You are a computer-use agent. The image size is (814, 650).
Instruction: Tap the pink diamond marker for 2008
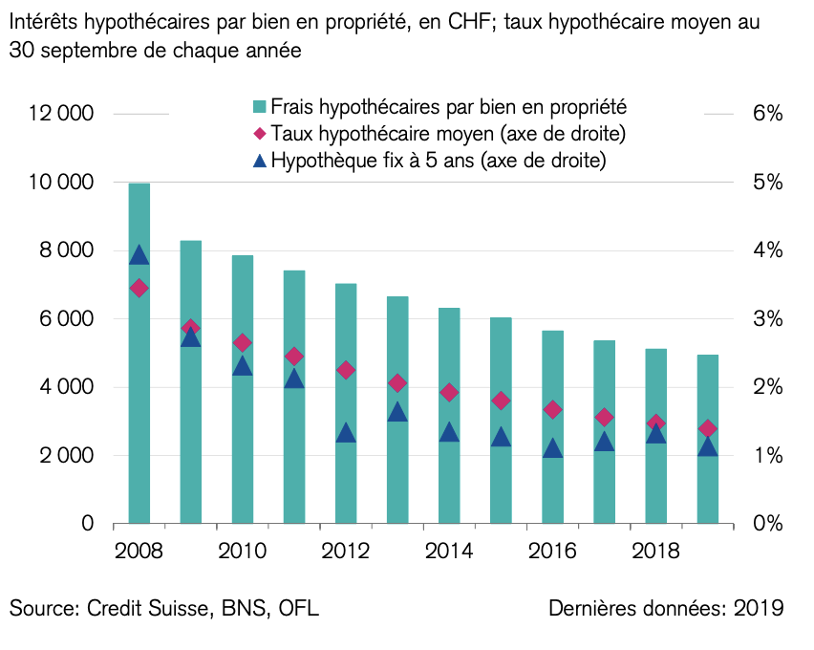[139, 288]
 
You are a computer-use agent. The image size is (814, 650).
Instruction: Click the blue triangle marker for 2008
[139, 254]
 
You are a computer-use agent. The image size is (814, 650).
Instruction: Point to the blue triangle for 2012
[346, 433]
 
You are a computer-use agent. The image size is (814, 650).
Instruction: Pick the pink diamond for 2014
[449, 392]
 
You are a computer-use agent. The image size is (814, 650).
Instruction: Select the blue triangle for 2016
[552, 448]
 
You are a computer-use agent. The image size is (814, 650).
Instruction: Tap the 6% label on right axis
[767, 114]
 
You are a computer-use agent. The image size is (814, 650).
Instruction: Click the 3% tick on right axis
[767, 319]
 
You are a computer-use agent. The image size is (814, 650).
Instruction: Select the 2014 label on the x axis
[449, 552]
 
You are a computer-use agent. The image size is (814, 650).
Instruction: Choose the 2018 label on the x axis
[655, 552]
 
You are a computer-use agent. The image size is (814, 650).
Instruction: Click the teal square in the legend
[258, 106]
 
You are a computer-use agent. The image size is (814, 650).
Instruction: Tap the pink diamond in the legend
[258, 133]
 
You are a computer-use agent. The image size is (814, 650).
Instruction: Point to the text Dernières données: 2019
[666, 609]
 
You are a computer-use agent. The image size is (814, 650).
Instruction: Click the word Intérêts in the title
[48, 21]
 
